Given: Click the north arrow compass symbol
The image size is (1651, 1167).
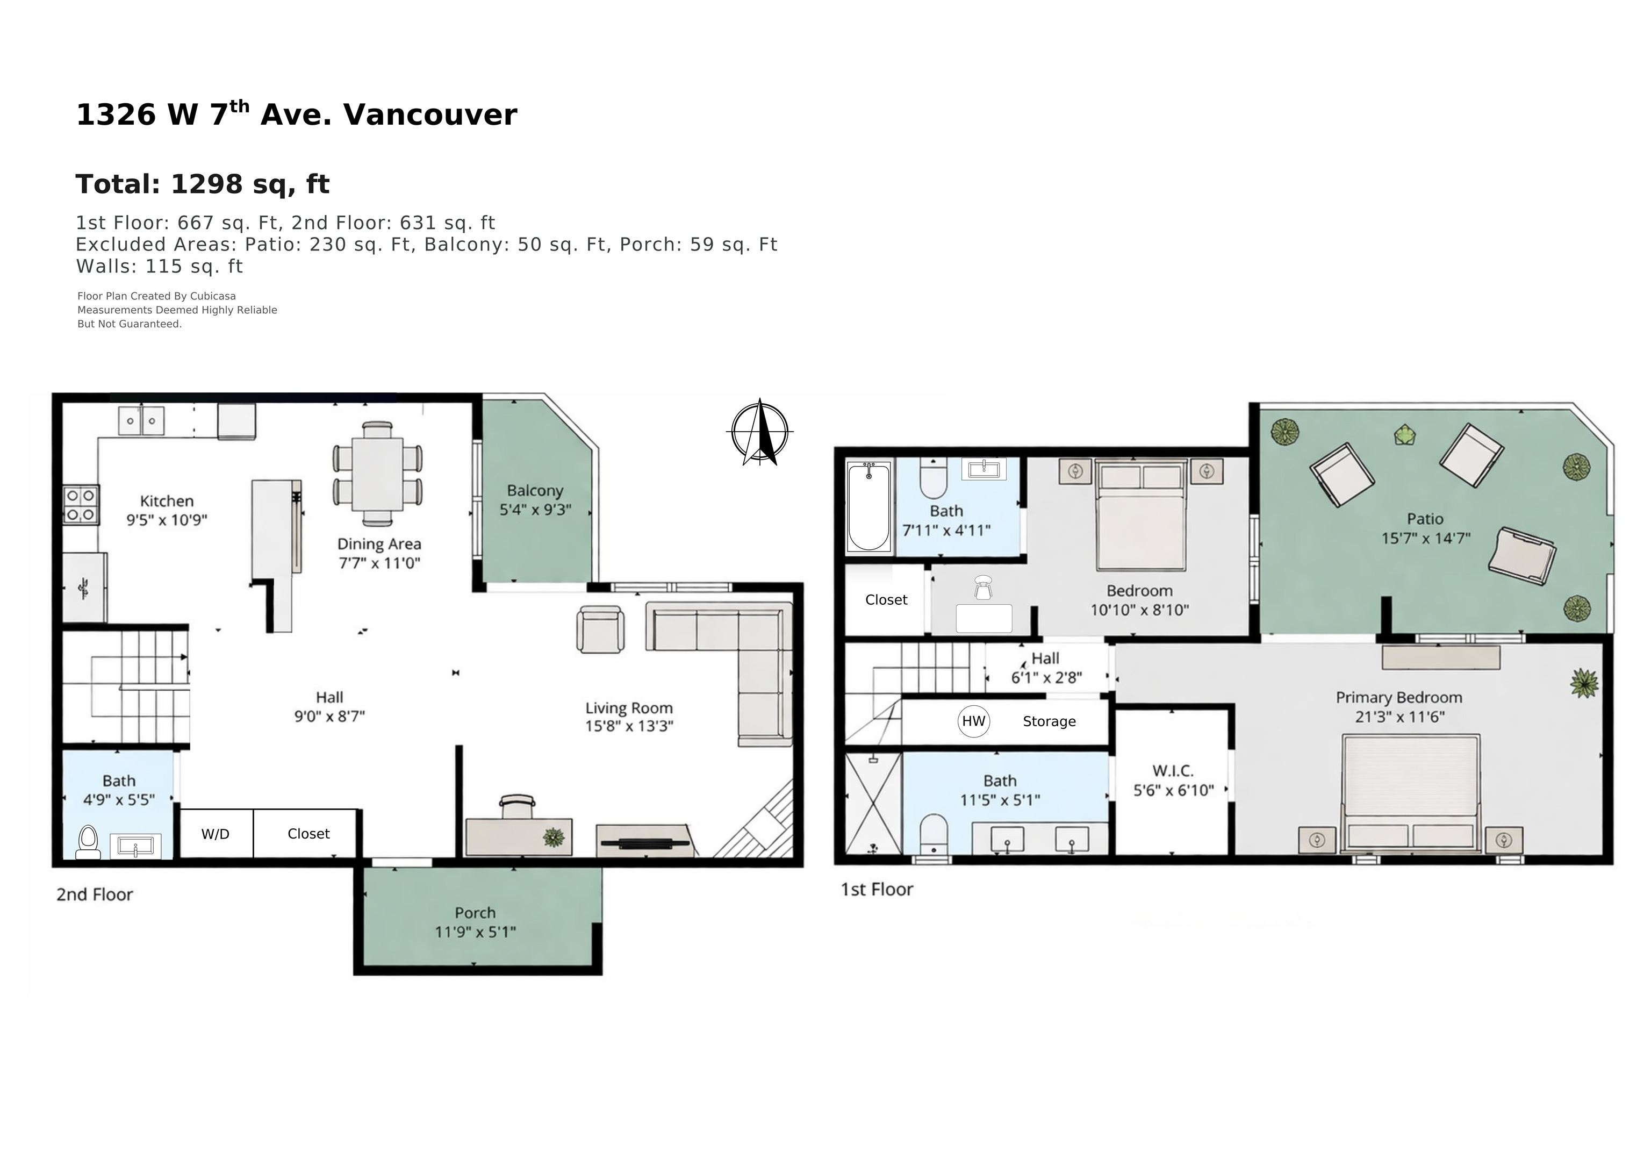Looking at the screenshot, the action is tap(760, 432).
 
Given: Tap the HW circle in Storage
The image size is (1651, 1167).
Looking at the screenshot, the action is tap(974, 721).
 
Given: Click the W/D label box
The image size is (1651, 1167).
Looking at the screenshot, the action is tap(216, 833).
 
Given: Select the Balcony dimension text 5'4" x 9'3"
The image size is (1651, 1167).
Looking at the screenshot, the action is tap(536, 510).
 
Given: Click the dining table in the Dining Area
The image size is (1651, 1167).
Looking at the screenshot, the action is tap(377, 475).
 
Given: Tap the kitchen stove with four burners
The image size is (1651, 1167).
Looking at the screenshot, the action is tap(81, 505).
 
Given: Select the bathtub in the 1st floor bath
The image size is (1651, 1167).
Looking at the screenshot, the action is tap(868, 506).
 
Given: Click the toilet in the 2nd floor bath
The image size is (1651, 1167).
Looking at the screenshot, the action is tap(89, 842).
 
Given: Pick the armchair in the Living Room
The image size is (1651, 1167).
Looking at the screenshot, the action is tap(600, 630).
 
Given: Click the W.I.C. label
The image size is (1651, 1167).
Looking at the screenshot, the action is tap(1173, 771).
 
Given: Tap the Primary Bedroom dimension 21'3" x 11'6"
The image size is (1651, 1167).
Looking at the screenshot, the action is tap(1399, 717).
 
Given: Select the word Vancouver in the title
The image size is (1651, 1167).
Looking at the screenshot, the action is tap(430, 115).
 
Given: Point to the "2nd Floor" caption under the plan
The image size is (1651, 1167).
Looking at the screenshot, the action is tap(95, 894).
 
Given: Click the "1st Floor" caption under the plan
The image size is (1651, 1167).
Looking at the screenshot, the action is tap(877, 890).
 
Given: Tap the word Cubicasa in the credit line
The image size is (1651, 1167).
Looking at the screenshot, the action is tap(213, 296).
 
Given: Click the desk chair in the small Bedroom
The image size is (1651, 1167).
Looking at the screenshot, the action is tap(983, 588).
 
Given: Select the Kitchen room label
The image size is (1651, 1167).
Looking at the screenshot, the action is tap(167, 501).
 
